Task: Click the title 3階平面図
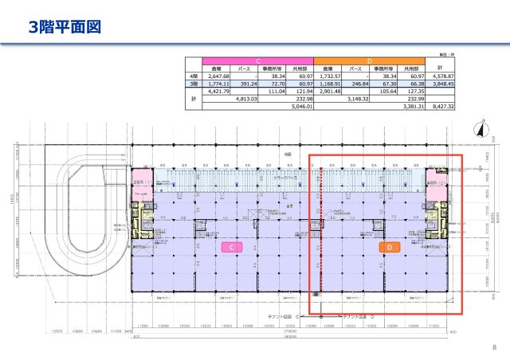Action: tap(65, 29)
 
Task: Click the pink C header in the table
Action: tap(258, 61)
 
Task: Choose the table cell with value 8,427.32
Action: tap(440, 106)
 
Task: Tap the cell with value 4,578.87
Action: tap(440, 76)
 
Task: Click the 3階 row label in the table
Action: tap(193, 83)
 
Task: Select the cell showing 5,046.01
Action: tap(300, 106)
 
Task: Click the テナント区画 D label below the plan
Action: tap(359, 316)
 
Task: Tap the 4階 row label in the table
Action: tap(193, 76)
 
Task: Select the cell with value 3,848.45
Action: tap(440, 83)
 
